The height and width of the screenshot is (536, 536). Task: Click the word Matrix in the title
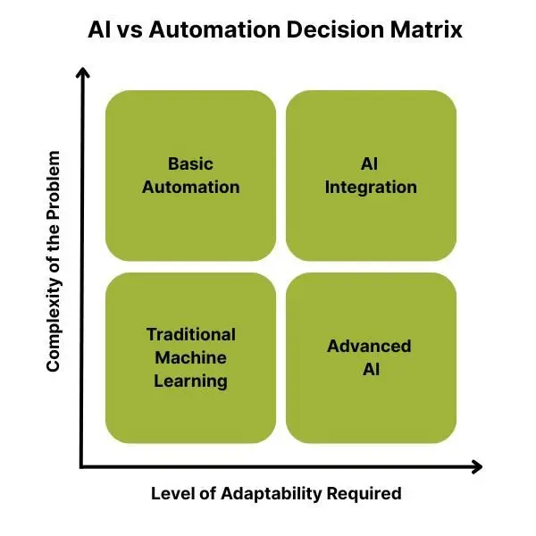426,29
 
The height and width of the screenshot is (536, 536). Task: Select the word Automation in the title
214,29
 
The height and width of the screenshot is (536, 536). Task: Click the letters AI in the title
99,29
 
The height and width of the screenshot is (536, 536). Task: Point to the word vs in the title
130,32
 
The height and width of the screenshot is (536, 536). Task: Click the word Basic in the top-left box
190,163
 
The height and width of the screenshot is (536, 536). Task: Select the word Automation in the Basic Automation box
191,187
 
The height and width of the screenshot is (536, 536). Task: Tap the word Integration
371,188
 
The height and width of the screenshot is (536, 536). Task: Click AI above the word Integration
369,163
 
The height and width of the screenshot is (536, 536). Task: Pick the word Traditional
191,334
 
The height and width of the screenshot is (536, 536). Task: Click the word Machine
191,357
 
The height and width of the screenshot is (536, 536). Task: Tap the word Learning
191,381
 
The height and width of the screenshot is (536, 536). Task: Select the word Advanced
369,346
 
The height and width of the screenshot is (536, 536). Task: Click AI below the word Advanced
372,369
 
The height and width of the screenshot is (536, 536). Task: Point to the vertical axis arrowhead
83,72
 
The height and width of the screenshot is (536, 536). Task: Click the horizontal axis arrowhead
476,466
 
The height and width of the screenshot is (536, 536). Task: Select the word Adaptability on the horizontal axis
272,494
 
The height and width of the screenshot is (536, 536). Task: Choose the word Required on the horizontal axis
364,494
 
